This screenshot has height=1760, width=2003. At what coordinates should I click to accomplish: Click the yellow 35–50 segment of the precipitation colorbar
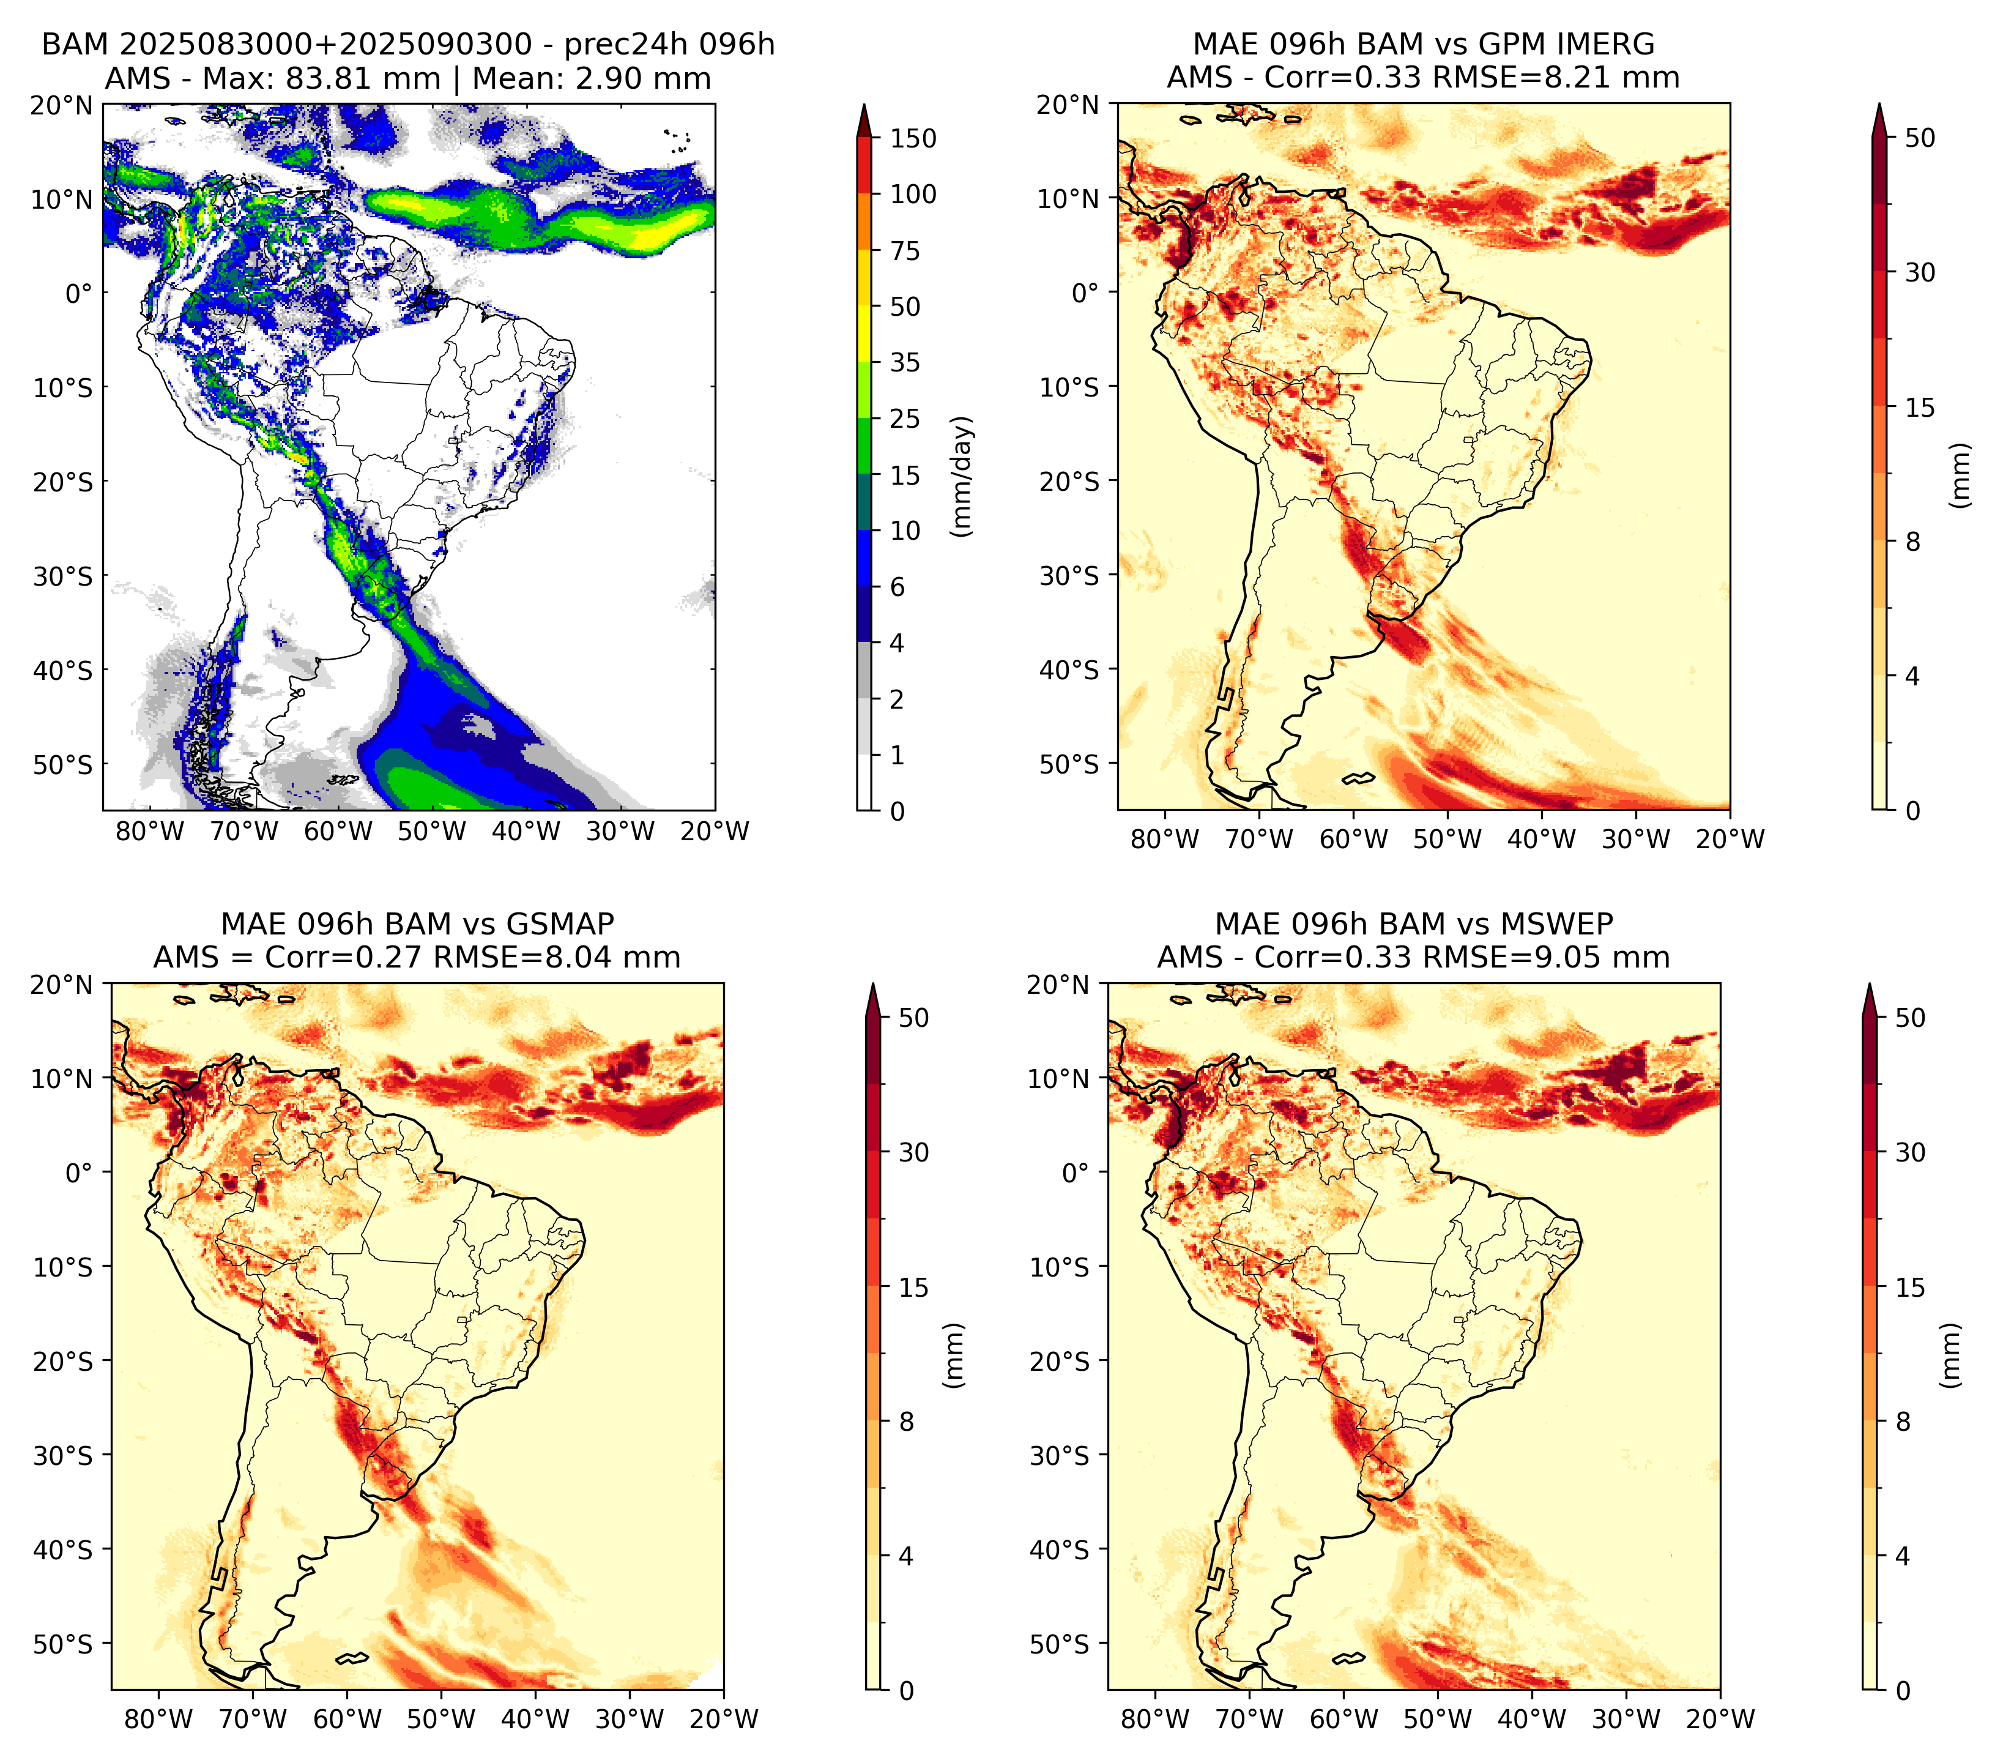pyautogui.click(x=864, y=334)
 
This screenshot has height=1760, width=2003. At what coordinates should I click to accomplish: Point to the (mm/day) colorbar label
pyautogui.click(x=962, y=476)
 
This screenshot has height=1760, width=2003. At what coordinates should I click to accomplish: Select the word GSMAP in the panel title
pyautogui.click(x=560, y=924)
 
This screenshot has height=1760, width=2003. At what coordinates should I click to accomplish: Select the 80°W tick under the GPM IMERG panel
pyautogui.click(x=1164, y=839)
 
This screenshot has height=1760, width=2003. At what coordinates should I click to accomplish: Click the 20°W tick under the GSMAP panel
pyautogui.click(x=724, y=1719)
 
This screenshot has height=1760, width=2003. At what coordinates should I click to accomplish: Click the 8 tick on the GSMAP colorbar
pyautogui.click(x=907, y=1422)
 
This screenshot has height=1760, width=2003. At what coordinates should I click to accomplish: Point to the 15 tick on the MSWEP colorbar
pyautogui.click(x=1911, y=1288)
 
